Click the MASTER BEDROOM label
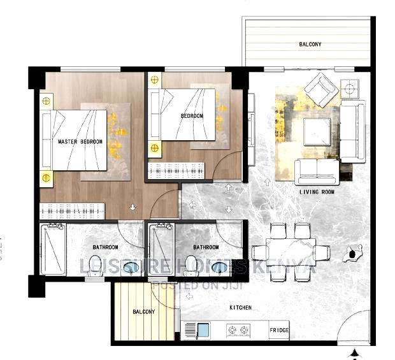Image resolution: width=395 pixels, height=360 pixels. [x=80, y=141]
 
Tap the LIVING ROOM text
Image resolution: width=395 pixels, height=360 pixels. [x=317, y=191]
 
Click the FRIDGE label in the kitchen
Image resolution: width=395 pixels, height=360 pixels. [x=278, y=331]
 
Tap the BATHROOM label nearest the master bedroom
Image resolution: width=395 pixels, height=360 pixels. [x=104, y=247]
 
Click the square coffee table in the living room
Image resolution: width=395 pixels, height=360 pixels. [x=316, y=131]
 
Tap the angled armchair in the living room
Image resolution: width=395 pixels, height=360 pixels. [x=320, y=89]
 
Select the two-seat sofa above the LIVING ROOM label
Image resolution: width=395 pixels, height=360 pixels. [x=317, y=170]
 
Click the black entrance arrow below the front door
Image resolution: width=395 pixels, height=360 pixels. [x=355, y=352]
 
